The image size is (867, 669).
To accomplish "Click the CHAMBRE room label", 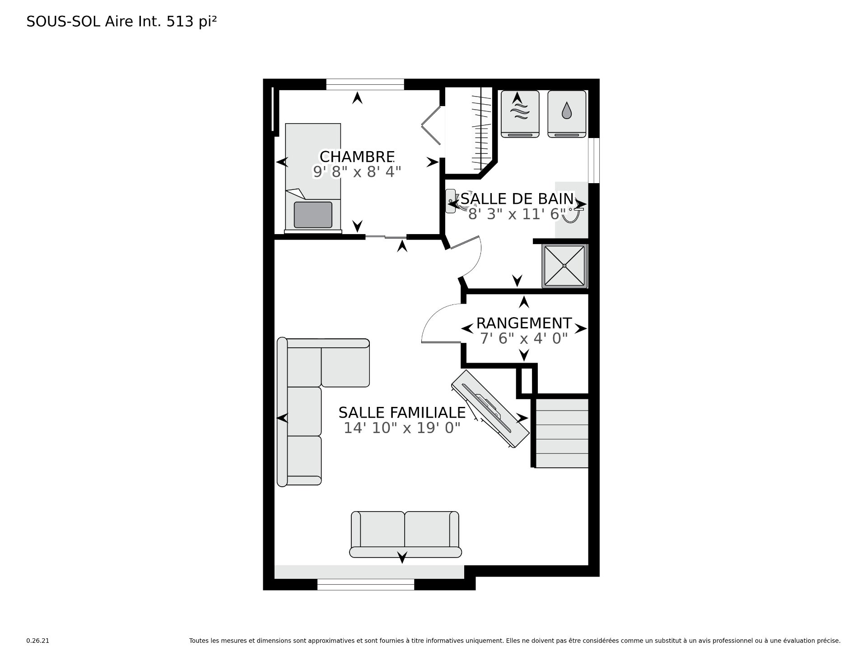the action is tap(357, 157).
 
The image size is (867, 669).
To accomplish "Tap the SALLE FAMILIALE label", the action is tap(402, 412).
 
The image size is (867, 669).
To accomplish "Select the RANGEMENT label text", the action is tap(524, 323).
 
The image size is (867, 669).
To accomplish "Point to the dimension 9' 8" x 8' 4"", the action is tap(357, 171).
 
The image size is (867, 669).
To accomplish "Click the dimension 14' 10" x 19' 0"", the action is tap(402, 428).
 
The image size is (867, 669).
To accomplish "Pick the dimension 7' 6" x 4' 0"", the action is tap(524, 338).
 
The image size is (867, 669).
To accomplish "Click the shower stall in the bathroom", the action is tap(565, 266).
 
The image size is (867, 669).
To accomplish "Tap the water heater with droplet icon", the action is tap(567, 114).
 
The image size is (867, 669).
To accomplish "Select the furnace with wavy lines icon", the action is tap(520, 114).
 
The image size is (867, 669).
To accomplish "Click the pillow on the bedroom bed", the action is tap(313, 214).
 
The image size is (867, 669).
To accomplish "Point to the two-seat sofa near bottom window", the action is tap(406, 534).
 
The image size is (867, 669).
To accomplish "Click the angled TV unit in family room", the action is tap(490, 409).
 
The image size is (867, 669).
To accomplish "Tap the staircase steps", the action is tap(562, 433).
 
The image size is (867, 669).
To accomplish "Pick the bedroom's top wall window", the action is tap(365, 84).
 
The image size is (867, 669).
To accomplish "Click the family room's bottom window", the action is tap(366, 585).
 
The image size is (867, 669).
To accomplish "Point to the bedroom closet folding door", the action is tap(431, 125).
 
